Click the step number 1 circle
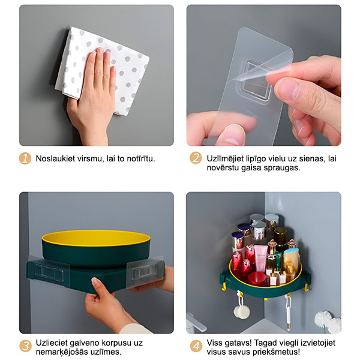point(25,158)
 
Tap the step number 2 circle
point(196,158)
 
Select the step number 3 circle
point(25,346)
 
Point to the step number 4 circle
point(196,346)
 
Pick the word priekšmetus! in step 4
point(277,352)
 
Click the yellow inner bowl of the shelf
point(96,238)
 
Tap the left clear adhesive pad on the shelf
point(49,271)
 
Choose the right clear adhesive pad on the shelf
point(146,271)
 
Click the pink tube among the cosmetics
point(261,259)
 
